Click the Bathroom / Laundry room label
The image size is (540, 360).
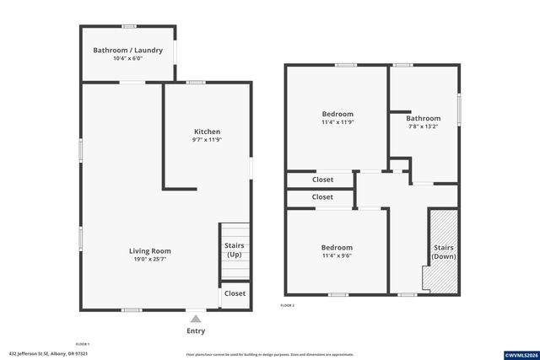pyautogui.click(x=128, y=49)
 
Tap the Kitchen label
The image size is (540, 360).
pyautogui.click(x=208, y=132)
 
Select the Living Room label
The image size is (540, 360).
pyautogui.click(x=150, y=250)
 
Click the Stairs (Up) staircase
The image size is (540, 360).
pyautogui.click(x=235, y=250)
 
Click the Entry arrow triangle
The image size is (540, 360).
pyautogui.click(x=196, y=319)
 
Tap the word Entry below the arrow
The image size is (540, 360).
pyautogui.click(x=196, y=330)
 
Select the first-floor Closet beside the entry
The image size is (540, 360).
pyautogui.click(x=235, y=293)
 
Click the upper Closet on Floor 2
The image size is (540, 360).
pyautogui.click(x=322, y=180)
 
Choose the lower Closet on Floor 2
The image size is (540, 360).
pyautogui.click(x=322, y=197)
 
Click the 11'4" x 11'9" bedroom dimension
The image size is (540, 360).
pyautogui.click(x=337, y=122)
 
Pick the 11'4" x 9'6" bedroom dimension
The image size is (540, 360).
pyautogui.click(x=337, y=256)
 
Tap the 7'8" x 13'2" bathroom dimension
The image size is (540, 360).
pyautogui.click(x=423, y=127)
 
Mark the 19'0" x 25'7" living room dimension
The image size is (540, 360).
pyautogui.click(x=150, y=260)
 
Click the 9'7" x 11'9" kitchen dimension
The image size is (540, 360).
pyautogui.click(x=208, y=141)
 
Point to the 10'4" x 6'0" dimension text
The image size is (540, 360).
pyautogui.click(x=128, y=58)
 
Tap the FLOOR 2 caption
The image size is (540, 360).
pyautogui.click(x=288, y=304)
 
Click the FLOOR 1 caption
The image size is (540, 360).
pyautogui.click(x=82, y=344)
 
